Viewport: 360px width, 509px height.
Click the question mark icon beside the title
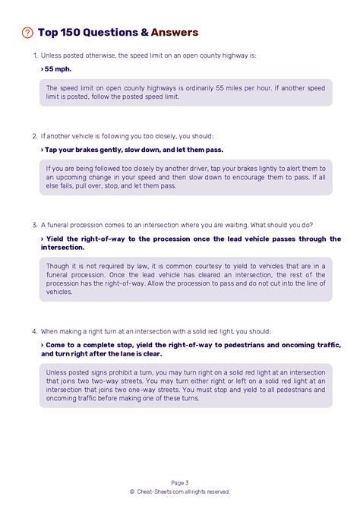(x=27, y=33)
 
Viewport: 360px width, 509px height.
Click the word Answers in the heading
(x=175, y=33)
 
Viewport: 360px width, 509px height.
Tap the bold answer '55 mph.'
(x=57, y=69)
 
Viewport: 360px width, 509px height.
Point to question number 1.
(x=35, y=56)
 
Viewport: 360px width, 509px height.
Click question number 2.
(x=35, y=137)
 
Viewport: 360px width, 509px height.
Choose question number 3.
(x=35, y=225)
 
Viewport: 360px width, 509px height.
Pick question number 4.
(x=35, y=332)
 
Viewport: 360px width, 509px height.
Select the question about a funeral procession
(x=176, y=225)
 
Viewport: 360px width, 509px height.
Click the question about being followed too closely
(x=128, y=137)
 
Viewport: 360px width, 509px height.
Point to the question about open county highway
(x=149, y=56)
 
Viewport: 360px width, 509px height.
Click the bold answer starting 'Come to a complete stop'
(x=190, y=349)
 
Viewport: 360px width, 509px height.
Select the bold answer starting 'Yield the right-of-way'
(x=190, y=243)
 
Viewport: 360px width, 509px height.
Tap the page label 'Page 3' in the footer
(x=180, y=482)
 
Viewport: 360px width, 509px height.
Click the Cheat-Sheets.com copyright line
(x=180, y=492)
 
